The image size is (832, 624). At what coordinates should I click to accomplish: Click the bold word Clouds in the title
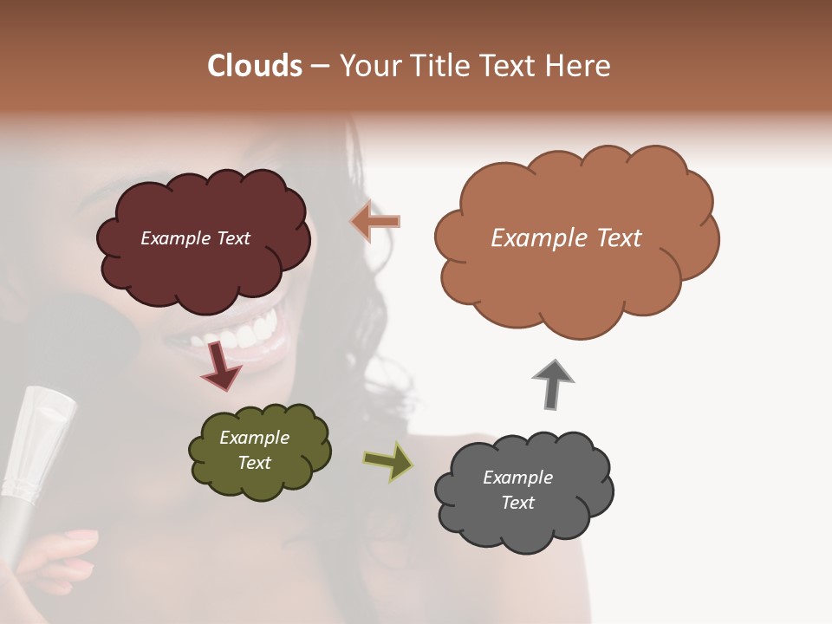tap(255, 66)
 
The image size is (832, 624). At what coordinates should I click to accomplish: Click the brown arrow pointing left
tap(376, 222)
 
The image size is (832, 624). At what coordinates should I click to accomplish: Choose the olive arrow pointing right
tap(388, 461)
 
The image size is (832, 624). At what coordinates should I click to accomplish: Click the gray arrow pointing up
tap(552, 384)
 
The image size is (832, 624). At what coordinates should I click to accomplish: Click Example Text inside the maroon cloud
tap(195, 238)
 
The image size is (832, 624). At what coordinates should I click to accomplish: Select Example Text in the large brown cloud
tap(566, 238)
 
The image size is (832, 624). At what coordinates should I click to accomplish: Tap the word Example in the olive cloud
tap(254, 438)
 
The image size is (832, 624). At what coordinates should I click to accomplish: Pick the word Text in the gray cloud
tap(517, 503)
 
